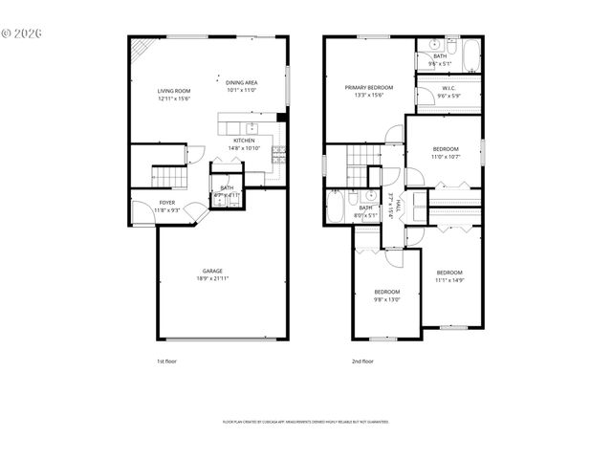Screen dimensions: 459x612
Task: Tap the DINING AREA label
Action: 242,82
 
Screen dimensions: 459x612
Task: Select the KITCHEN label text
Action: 244,141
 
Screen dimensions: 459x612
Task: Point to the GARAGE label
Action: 212,271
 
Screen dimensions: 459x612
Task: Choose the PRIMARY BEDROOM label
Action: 369,87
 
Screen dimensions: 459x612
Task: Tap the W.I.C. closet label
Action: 448,89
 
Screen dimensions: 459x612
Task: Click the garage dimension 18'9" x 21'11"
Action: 212,278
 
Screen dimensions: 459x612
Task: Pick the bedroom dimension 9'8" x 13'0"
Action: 386,299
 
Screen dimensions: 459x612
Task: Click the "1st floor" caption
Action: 166,361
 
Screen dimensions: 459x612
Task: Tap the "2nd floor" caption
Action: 362,361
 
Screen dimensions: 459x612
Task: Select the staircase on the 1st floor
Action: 167,176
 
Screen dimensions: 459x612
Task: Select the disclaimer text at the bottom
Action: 305,421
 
